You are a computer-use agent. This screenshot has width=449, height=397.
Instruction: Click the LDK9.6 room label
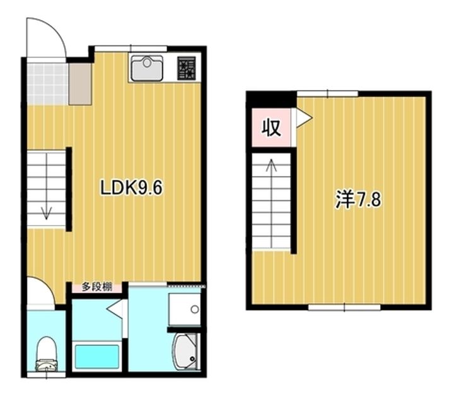point(131,188)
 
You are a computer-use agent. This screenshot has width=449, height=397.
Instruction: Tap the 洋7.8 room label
point(358,199)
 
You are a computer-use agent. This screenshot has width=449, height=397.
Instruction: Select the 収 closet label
point(271,128)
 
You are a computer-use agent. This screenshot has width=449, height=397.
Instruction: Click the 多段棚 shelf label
point(97,287)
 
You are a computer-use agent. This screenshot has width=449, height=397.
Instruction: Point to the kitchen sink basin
point(147,68)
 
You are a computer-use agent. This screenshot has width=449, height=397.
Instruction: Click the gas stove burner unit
point(187,68)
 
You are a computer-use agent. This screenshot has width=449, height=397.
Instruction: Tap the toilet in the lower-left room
point(47,354)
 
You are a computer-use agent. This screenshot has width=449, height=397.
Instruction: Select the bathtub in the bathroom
point(96,356)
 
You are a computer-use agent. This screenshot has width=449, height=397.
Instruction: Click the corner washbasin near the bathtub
point(185,351)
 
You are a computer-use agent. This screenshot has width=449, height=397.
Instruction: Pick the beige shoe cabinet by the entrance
point(80,84)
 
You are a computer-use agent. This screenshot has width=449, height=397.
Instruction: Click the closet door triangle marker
point(304,118)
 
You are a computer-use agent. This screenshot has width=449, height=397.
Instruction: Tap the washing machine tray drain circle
point(195,309)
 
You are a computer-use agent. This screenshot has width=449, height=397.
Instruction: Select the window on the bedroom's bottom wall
point(344,308)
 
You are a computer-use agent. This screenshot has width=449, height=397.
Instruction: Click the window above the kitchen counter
point(131,49)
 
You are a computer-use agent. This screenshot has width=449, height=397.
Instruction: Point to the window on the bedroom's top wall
point(327,94)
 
